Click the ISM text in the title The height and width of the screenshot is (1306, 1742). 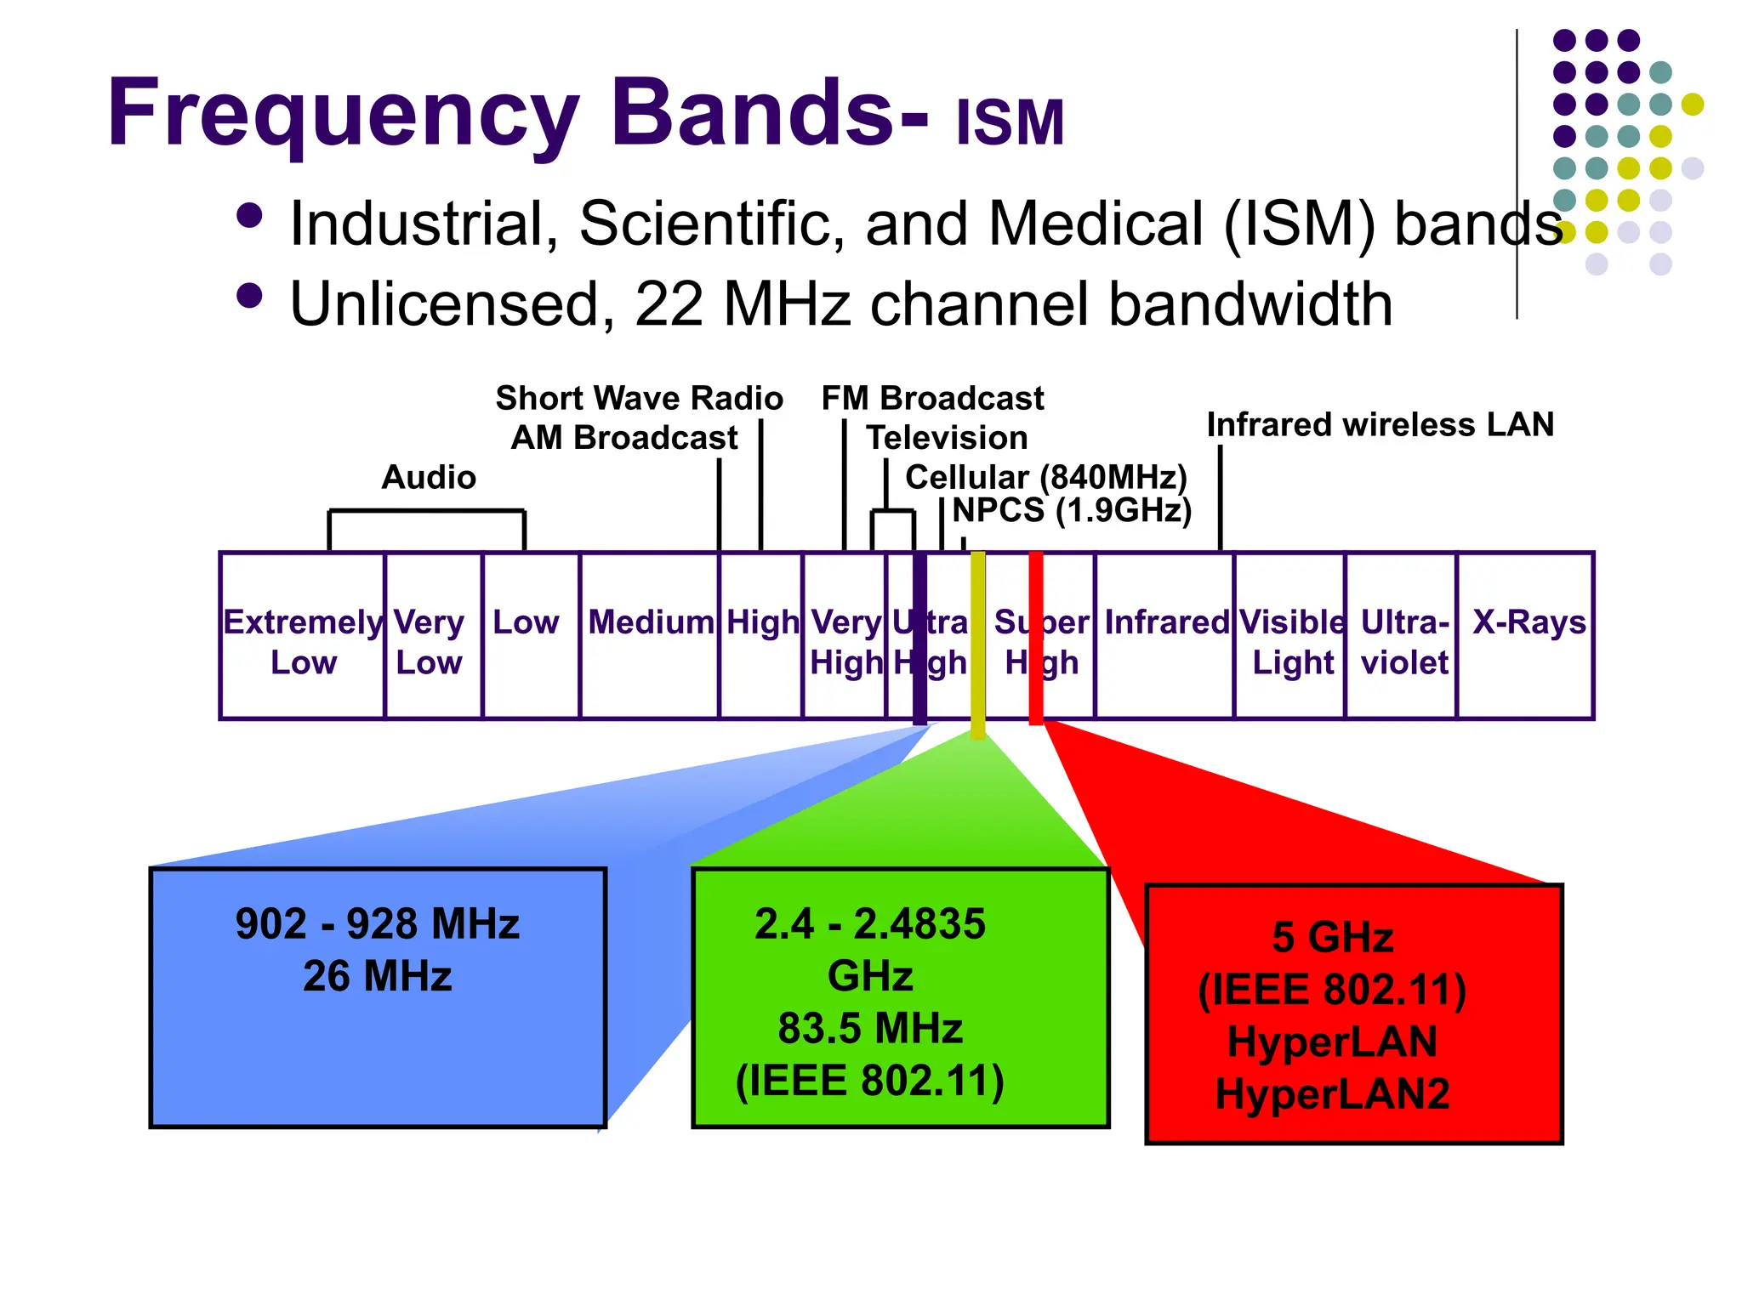1010,123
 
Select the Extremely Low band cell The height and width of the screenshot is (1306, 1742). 303,641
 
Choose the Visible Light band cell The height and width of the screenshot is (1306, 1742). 1292,641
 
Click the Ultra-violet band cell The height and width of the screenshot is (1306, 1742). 1403,641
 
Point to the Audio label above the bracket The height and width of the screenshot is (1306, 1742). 429,477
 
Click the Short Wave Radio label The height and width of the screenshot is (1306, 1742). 639,398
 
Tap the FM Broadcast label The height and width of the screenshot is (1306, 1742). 932,398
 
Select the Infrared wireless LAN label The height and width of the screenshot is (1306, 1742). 1380,424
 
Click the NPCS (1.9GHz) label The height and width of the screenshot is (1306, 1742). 1072,510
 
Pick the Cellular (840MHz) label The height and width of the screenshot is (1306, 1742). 1045,477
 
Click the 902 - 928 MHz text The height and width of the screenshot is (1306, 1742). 377,923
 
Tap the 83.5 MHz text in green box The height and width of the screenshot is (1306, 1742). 869,1028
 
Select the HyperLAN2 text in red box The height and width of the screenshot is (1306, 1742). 1332,1093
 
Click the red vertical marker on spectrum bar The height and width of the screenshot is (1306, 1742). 1035,638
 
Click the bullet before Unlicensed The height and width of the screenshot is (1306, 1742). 249,296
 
